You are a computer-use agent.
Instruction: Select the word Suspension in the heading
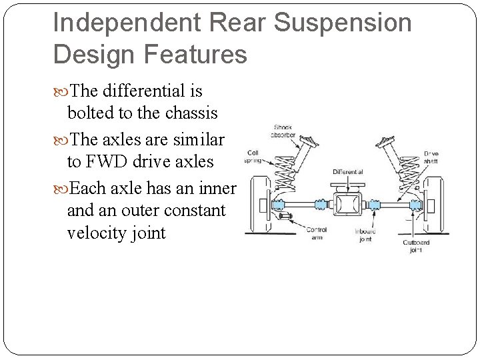343,23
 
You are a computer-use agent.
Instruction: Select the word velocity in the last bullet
97,233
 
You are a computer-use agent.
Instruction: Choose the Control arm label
315,233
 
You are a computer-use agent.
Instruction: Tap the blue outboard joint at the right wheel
416,203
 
